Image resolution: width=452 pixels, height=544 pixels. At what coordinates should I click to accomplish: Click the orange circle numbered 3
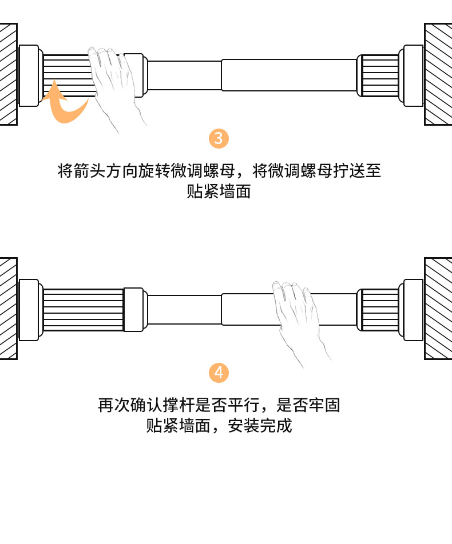pyautogui.click(x=219, y=138)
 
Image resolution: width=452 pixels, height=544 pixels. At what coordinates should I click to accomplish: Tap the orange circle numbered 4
pyautogui.click(x=219, y=373)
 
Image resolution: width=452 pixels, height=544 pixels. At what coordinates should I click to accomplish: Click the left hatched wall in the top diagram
pyautogui.click(x=8, y=74)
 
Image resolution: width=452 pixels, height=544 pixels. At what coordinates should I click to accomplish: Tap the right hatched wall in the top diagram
pyautogui.click(x=438, y=74)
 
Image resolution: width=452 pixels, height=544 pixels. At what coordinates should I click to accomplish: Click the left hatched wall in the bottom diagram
pyautogui.click(x=8, y=309)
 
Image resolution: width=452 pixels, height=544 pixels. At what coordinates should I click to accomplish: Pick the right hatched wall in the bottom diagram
pyautogui.click(x=438, y=309)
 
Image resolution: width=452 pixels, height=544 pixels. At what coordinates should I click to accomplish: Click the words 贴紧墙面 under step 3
pyautogui.click(x=219, y=191)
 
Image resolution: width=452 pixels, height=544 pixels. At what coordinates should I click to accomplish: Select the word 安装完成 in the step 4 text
pyautogui.click(x=260, y=426)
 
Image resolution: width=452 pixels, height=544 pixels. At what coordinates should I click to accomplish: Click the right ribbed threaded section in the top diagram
pyautogui.click(x=380, y=75)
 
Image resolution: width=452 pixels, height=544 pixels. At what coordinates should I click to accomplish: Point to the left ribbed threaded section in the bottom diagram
pyautogui.click(x=83, y=310)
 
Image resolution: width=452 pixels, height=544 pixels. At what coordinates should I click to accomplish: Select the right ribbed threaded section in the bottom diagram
pyautogui.click(x=380, y=310)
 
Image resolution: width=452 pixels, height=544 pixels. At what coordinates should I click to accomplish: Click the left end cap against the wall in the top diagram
pyautogui.click(x=29, y=75)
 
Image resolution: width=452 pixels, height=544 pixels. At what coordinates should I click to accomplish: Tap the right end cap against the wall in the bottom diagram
pyautogui.click(x=413, y=310)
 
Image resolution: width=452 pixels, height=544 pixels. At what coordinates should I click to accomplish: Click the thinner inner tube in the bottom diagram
pyautogui.click(x=184, y=310)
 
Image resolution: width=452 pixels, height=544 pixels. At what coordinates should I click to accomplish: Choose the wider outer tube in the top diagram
pyautogui.click(x=289, y=75)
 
